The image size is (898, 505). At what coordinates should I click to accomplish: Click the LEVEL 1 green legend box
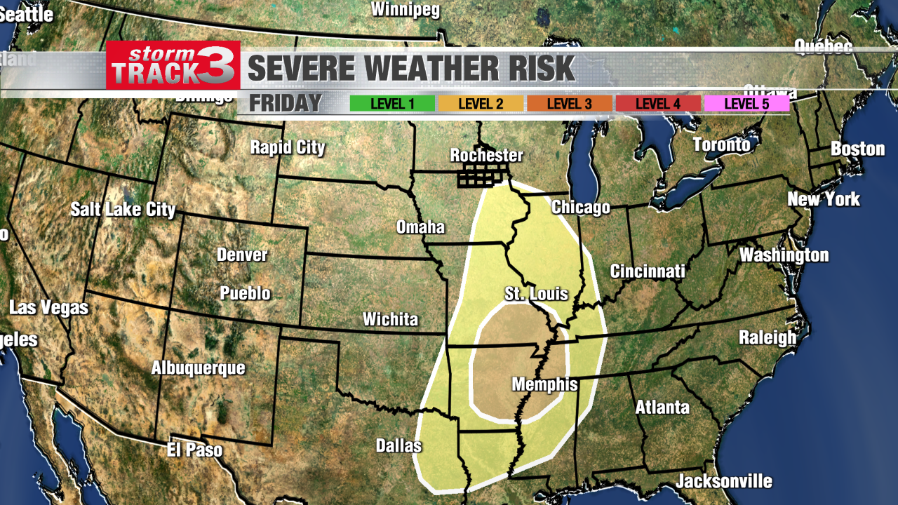click(x=392, y=104)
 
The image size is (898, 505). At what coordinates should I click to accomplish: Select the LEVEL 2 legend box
click(x=481, y=104)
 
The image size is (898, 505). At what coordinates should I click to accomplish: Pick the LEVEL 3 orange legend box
click(x=569, y=104)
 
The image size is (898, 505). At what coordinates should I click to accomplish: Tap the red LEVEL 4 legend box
click(x=657, y=104)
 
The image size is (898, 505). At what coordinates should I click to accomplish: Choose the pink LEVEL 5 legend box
click(x=746, y=104)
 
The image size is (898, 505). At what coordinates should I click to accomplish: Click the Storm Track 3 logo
click(x=173, y=65)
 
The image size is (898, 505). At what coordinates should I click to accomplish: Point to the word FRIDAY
click(x=286, y=103)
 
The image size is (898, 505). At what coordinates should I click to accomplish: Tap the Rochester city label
click(x=486, y=155)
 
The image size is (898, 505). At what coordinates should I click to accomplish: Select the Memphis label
click(x=544, y=384)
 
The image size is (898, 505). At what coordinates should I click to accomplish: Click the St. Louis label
click(x=536, y=293)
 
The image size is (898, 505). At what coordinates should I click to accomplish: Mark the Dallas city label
click(x=398, y=445)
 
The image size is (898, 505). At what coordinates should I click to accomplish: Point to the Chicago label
click(x=580, y=208)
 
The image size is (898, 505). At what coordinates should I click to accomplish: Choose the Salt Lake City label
click(x=123, y=209)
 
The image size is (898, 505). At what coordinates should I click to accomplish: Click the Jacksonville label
click(x=723, y=481)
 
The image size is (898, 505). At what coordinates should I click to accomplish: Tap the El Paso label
click(x=194, y=450)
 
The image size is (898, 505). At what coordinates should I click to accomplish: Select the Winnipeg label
click(x=405, y=9)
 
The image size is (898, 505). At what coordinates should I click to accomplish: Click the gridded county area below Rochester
click(x=482, y=177)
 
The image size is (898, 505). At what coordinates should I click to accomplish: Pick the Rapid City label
click(x=288, y=147)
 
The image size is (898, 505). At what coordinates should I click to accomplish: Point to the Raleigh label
click(x=768, y=337)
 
